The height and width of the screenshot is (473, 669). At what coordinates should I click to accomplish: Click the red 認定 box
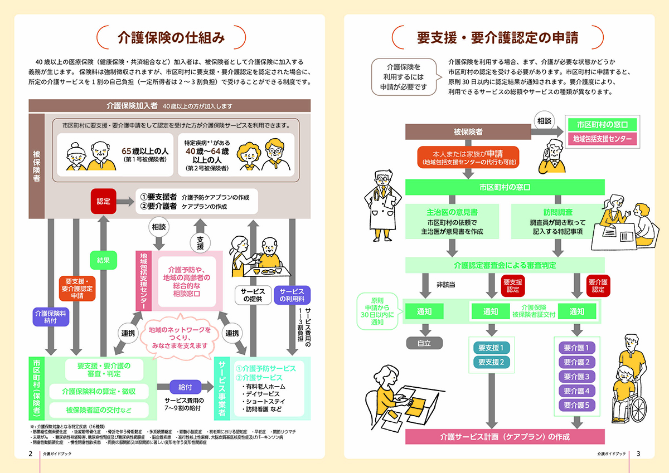pyautogui.click(x=104, y=201)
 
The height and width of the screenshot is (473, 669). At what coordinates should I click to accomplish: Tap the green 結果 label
pyautogui.click(x=103, y=260)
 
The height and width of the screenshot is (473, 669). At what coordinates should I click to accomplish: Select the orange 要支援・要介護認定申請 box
pyautogui.click(x=77, y=288)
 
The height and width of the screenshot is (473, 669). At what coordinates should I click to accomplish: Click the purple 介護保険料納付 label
pyautogui.click(x=51, y=316)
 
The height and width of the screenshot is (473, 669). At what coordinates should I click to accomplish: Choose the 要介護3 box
pyautogui.click(x=576, y=376)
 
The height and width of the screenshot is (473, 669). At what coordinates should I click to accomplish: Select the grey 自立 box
pyautogui.click(x=424, y=343)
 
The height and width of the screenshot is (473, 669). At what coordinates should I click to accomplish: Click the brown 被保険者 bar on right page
pyautogui.click(x=468, y=131)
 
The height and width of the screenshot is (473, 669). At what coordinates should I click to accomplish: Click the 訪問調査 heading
pyautogui.click(x=557, y=212)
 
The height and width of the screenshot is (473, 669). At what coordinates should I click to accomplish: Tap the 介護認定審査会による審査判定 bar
pyautogui.click(x=505, y=265)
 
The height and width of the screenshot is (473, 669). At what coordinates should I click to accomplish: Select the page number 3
pyautogui.click(x=638, y=453)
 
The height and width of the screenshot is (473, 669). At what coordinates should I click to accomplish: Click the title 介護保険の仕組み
pyautogui.click(x=171, y=37)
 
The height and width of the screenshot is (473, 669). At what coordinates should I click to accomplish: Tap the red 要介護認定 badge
pyautogui.click(x=598, y=286)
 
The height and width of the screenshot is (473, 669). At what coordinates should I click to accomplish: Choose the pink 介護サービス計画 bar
pyautogui.click(x=505, y=436)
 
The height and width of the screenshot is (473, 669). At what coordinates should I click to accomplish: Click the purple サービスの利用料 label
pyautogui.click(x=292, y=295)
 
